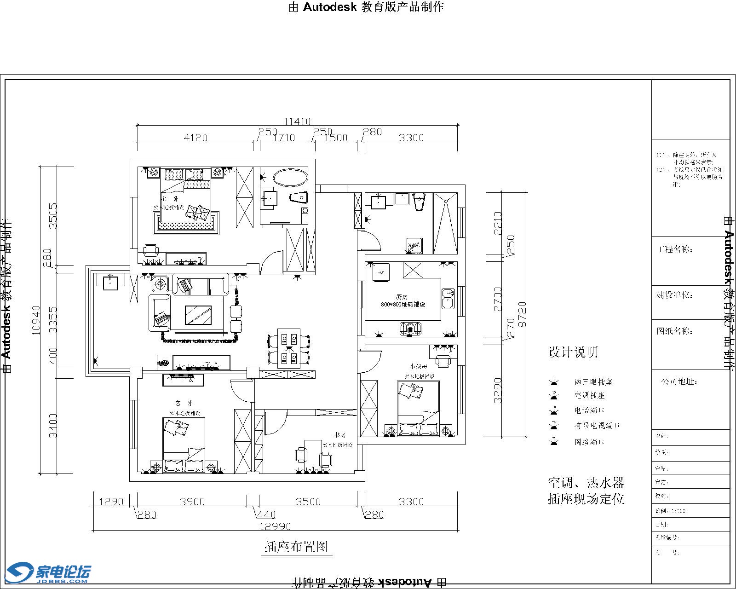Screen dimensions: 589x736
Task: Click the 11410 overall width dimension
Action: coord(297,121)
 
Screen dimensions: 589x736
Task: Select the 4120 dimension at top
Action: coord(195,138)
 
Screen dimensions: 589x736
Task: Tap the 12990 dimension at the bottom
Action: coord(276,526)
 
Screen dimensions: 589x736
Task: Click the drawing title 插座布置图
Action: coord(296,547)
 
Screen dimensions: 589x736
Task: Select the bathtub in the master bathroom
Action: coord(290,178)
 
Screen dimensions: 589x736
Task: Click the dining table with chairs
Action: coord(289,348)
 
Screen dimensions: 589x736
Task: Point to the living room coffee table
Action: coord(198,315)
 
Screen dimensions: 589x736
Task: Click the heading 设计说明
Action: coord(573,352)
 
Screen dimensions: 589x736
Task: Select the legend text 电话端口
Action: coord(589,410)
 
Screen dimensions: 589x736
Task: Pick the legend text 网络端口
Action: coord(589,442)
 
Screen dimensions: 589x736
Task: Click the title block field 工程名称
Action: coord(676,250)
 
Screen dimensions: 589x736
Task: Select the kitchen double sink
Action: coord(448,298)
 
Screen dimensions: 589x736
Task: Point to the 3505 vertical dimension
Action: coord(53,216)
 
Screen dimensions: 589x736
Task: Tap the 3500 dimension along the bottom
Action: coord(308,502)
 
